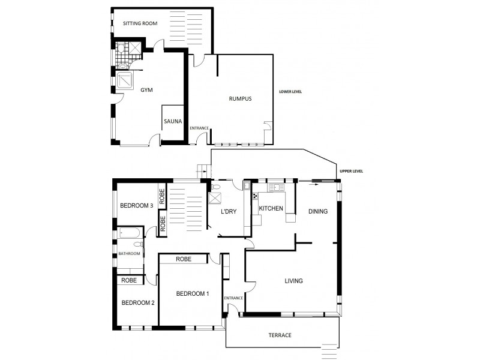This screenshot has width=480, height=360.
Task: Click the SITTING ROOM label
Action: (140, 24)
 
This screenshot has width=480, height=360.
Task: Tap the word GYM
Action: (146, 90)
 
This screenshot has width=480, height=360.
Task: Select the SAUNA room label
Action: (172, 121)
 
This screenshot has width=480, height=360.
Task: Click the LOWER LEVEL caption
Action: (290, 92)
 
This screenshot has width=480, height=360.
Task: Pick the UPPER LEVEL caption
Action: (351, 171)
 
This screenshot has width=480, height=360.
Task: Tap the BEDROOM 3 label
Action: (137, 206)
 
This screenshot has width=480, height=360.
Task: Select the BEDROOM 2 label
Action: (139, 303)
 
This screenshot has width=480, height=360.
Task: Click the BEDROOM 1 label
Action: (193, 293)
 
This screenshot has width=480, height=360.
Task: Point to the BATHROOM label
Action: (129, 254)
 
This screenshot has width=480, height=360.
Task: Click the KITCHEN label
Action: (271, 208)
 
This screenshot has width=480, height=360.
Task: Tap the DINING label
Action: (318, 211)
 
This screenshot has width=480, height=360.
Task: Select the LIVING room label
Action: (293, 281)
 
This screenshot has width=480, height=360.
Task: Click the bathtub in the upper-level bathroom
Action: (128, 233)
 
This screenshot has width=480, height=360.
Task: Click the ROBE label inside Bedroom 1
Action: (184, 260)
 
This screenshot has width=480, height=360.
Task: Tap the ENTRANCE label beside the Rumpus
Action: (199, 128)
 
